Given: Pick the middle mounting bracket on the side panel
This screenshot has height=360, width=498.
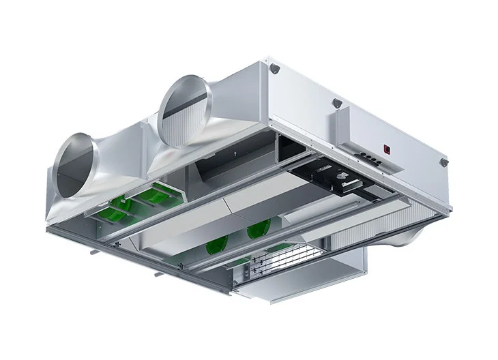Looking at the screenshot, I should tap(336, 103).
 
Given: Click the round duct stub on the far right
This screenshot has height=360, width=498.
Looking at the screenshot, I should tap(413, 235).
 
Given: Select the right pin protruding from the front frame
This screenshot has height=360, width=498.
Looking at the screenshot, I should tap(159, 275).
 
